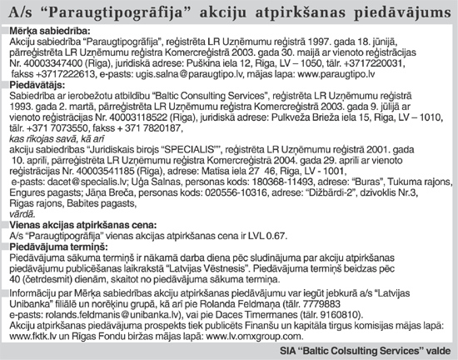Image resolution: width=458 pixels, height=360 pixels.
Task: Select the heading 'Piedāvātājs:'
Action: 33,86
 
